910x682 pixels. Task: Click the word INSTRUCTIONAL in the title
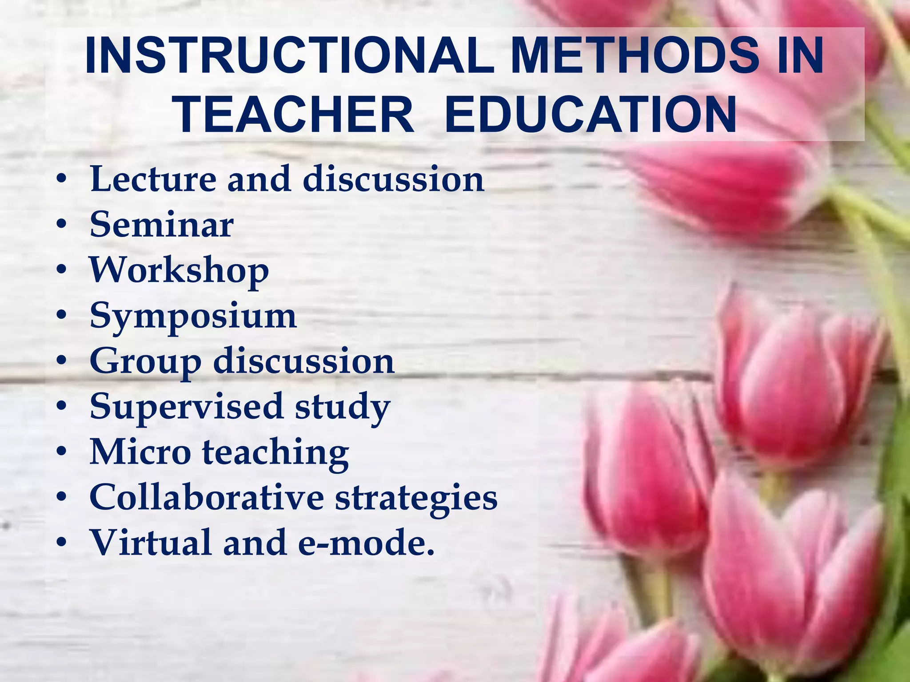(289, 56)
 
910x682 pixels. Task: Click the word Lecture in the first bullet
(153, 179)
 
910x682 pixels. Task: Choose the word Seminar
(162, 225)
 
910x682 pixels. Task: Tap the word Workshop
(179, 271)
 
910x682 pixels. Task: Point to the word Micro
(140, 452)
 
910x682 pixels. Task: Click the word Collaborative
(207, 498)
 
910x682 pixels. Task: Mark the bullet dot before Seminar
(62, 225)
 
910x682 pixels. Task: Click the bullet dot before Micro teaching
(62, 452)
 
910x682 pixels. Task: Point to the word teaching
(275, 453)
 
